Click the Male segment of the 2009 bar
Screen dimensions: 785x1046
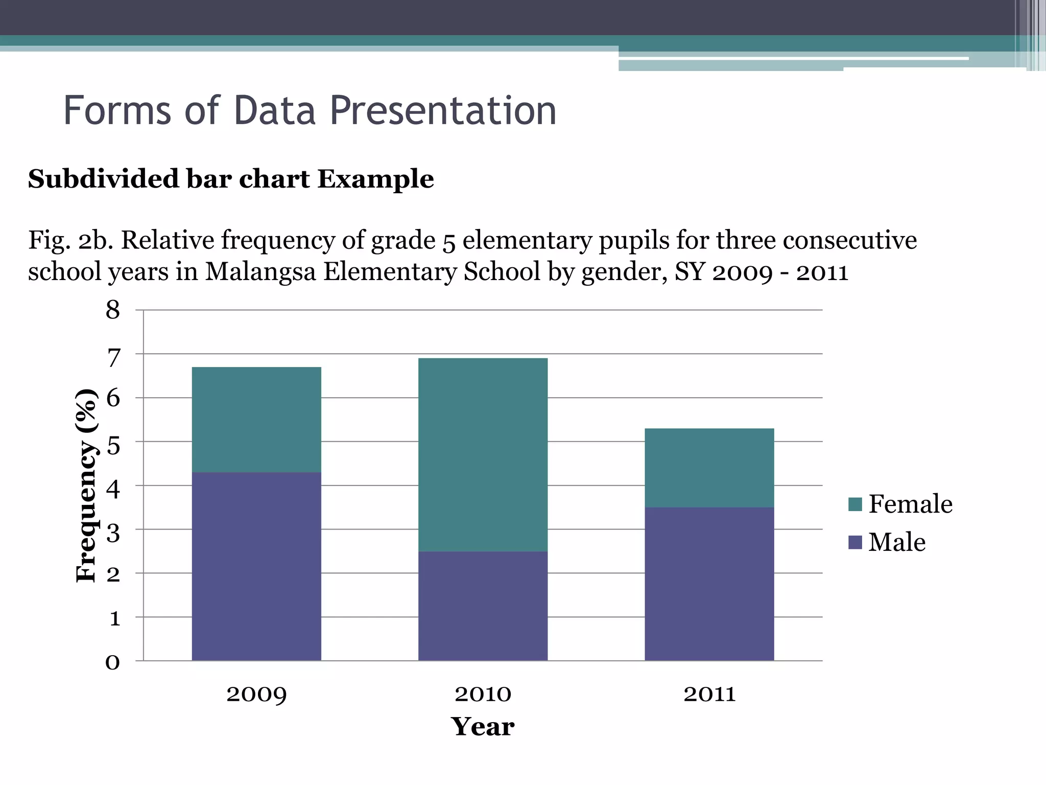(x=256, y=566)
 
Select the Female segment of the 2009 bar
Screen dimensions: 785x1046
(x=256, y=420)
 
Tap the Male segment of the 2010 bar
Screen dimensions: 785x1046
(x=483, y=606)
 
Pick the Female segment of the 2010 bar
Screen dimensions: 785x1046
(x=483, y=454)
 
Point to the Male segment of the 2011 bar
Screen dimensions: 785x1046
(x=709, y=584)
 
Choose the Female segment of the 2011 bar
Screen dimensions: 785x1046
(x=709, y=468)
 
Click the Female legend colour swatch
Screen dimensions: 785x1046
(x=855, y=504)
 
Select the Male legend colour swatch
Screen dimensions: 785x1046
(x=855, y=542)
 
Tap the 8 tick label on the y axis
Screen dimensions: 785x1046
(x=113, y=310)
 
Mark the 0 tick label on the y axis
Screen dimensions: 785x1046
(x=113, y=662)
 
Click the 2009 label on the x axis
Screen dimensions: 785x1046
(x=256, y=694)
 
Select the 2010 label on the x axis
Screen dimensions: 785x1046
(x=483, y=694)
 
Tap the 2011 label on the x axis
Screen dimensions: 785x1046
(x=709, y=694)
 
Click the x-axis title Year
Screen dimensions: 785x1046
(x=483, y=727)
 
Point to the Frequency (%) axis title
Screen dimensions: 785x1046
(x=86, y=486)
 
